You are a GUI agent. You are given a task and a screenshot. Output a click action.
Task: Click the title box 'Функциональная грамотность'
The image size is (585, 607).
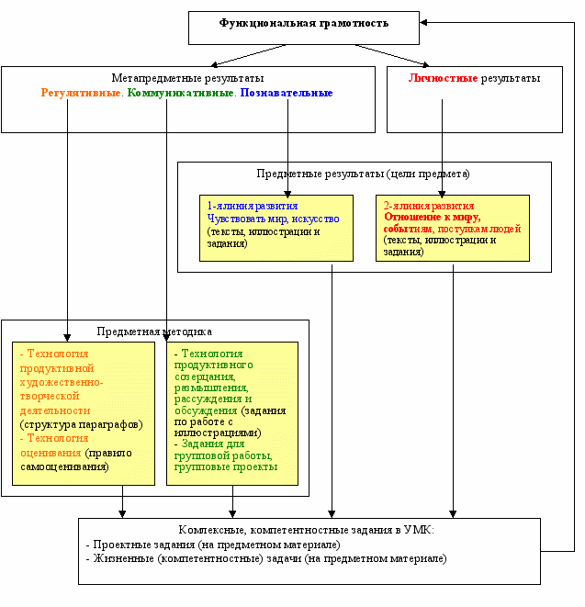pos(304,28)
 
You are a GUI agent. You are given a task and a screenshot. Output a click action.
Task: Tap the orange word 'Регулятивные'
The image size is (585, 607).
pos(81,93)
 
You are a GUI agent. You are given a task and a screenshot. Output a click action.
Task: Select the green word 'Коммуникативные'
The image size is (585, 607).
pos(180,93)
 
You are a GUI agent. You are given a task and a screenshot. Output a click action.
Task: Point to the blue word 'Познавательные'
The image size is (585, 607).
pos(287,93)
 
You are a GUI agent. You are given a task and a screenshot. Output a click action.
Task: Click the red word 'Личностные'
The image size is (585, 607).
pos(443,78)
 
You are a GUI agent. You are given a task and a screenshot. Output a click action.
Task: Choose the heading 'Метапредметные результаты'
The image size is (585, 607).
pos(187,78)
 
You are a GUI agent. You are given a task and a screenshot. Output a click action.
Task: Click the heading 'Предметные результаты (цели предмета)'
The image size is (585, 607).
pos(363,174)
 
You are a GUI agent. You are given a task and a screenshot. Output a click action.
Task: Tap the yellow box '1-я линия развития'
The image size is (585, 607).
pos(276,228)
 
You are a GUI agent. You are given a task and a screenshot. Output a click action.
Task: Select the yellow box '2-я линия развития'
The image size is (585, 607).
pos(452,228)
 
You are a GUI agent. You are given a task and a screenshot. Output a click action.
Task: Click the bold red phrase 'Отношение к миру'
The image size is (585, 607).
pos(432,217)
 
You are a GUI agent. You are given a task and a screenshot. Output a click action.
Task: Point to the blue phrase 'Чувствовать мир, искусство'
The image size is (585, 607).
pos(273,219)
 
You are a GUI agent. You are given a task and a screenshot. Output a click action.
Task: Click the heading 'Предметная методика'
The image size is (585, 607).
pos(154,332)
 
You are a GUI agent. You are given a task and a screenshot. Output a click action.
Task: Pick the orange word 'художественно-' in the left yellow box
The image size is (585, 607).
pos(62,382)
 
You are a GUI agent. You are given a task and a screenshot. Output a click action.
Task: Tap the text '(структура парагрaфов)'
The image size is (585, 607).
pos(82,424)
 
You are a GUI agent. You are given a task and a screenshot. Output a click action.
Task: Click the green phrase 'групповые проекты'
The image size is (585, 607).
pos(226,466)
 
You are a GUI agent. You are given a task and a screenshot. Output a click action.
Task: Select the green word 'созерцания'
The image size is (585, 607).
pos(205,377)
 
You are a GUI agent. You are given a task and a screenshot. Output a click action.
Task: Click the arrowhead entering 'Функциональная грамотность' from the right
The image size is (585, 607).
pos(423,22)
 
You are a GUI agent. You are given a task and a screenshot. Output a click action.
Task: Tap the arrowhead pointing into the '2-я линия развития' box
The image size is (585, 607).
pos(442,194)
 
